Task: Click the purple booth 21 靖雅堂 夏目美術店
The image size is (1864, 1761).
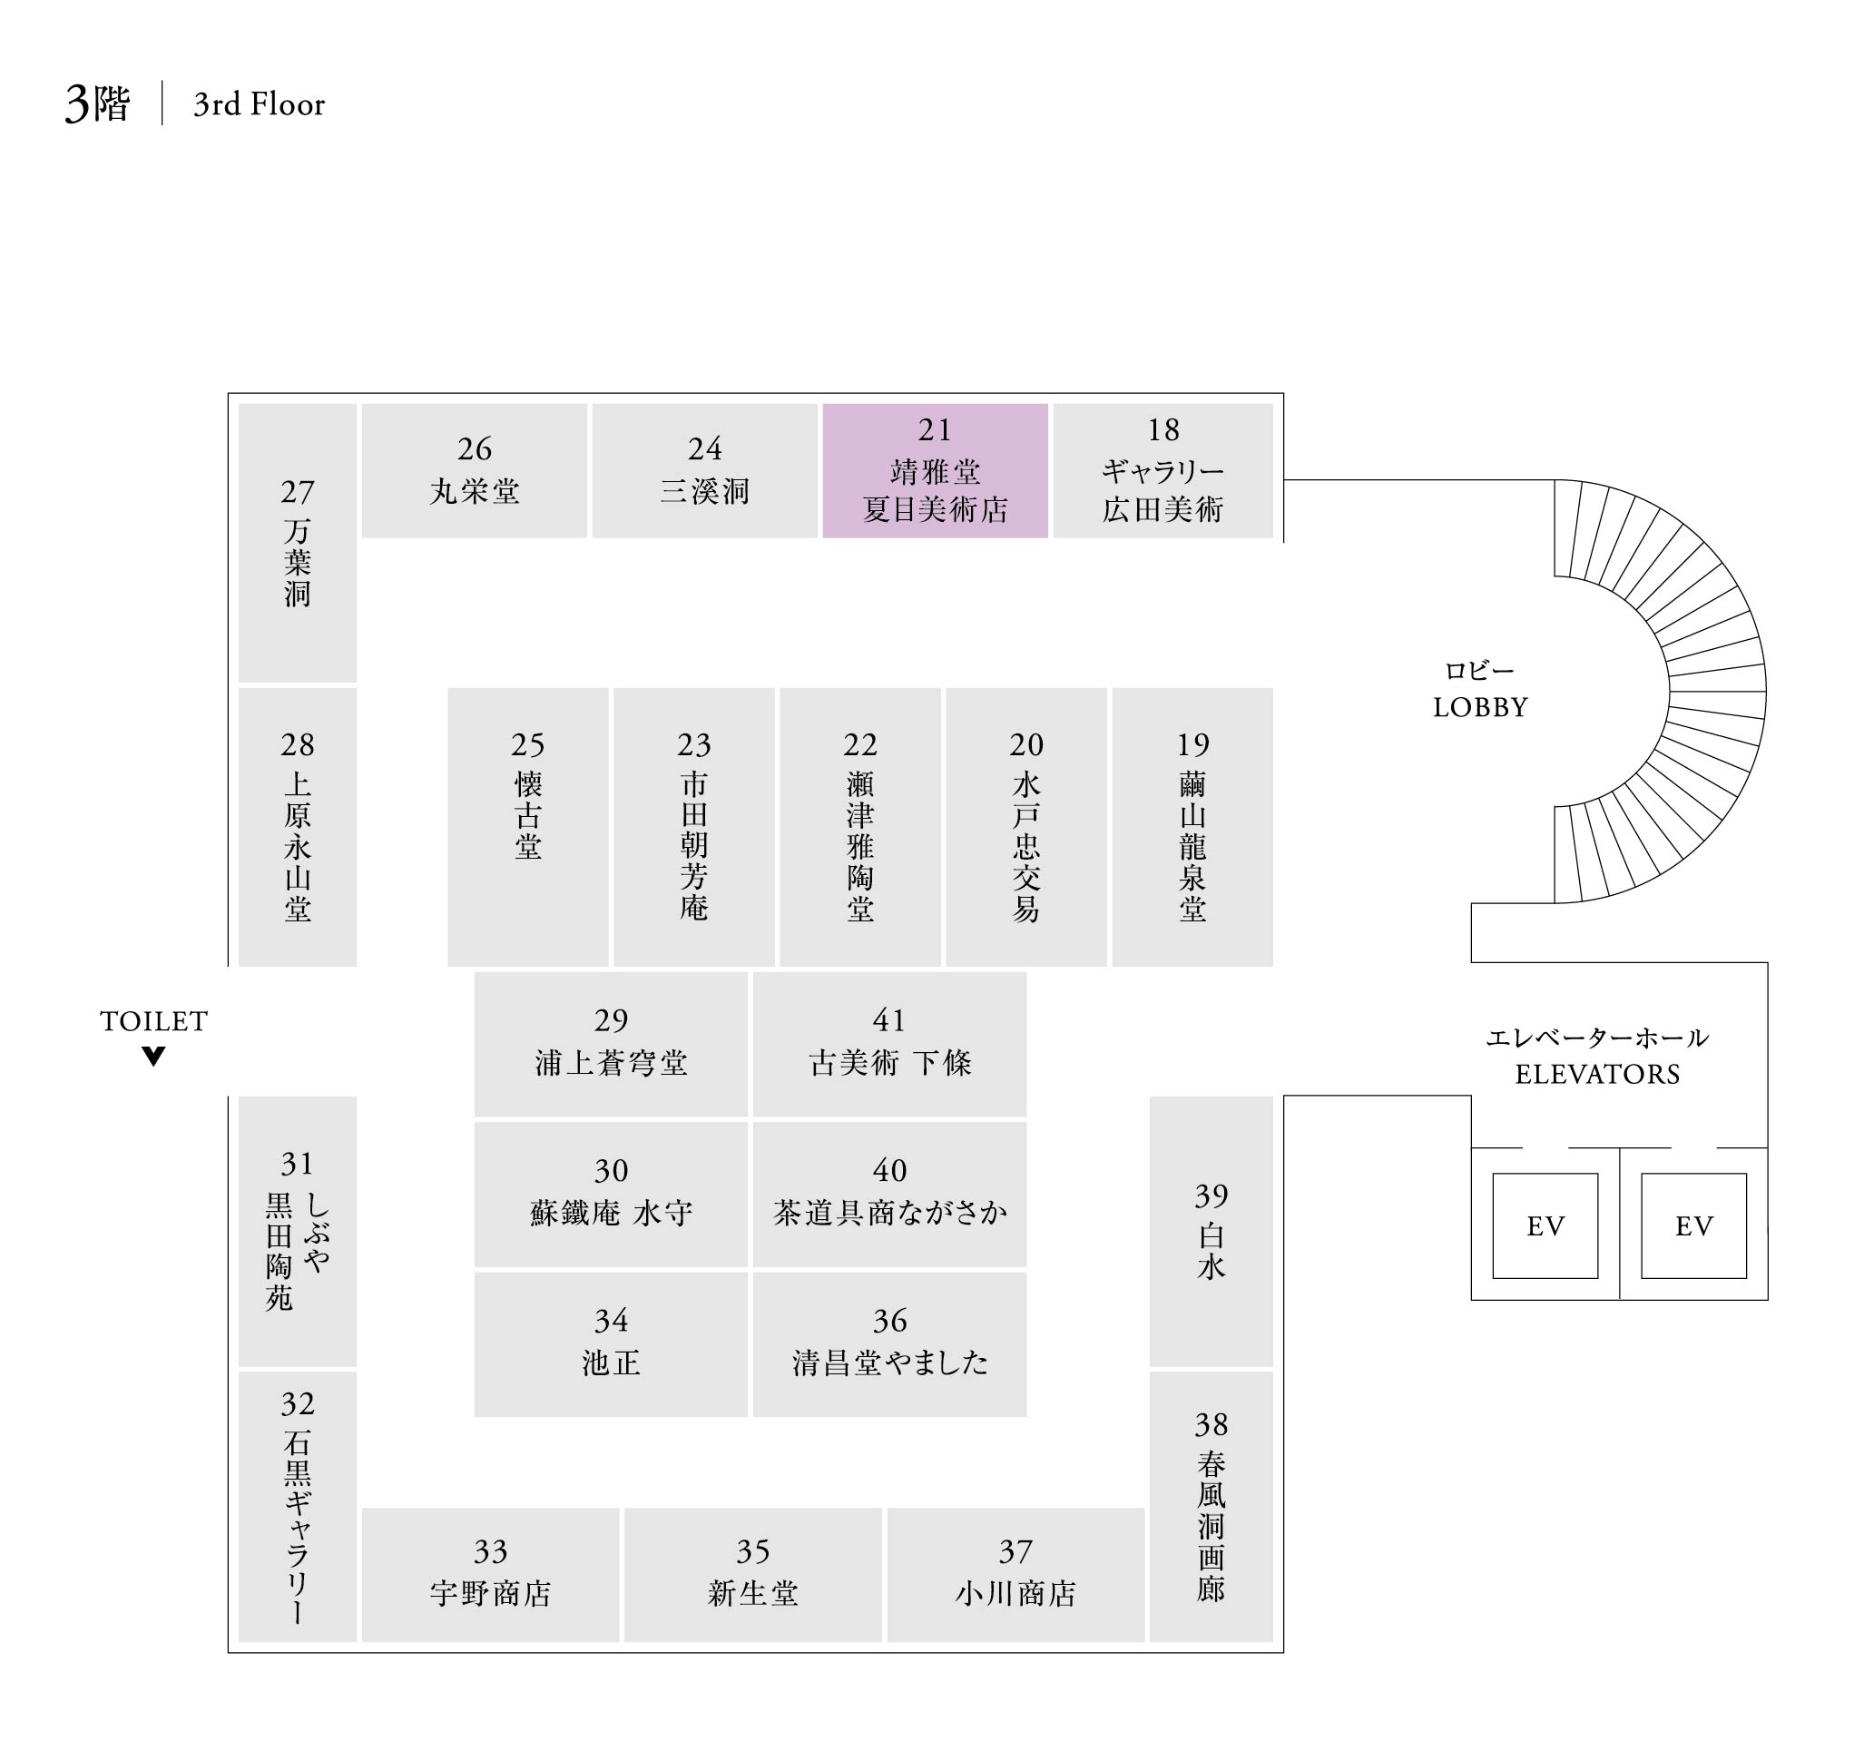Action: (935, 470)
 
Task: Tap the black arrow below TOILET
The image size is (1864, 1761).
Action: (154, 1056)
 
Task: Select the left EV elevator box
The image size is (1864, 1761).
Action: (1545, 1225)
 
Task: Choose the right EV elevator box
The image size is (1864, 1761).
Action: (1693, 1225)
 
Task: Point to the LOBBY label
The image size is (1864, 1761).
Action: (1480, 707)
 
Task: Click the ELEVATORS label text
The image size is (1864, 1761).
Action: (1597, 1074)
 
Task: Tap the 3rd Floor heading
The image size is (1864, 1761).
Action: (259, 104)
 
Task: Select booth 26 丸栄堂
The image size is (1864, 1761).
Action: (474, 470)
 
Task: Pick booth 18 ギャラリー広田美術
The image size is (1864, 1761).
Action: (1163, 470)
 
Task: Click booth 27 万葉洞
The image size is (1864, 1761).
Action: (298, 543)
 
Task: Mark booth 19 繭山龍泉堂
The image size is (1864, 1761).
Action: (1192, 826)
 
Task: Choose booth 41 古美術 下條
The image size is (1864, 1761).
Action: (888, 1044)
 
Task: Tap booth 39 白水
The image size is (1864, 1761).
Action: (1211, 1230)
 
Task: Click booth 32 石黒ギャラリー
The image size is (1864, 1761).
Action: (298, 1506)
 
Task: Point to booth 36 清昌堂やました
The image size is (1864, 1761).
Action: (888, 1343)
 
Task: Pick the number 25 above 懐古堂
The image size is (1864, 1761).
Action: (527, 744)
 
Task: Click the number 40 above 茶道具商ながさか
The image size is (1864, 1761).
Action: (888, 1170)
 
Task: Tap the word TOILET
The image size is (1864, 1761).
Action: (154, 1021)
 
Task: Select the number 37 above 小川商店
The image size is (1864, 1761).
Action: (1015, 1551)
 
